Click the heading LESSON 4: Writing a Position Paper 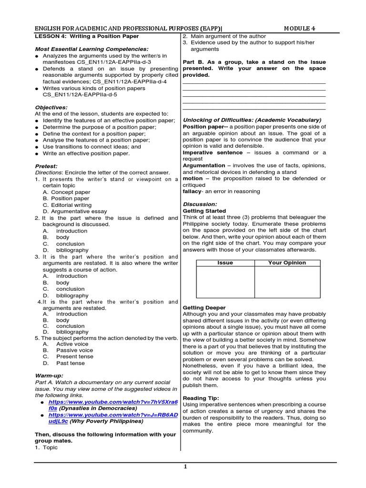pyautogui.click(x=87, y=36)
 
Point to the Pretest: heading pyautogui.click(x=46, y=166)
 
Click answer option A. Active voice pyautogui.click(x=65, y=344)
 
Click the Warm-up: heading pyautogui.click(x=49, y=376)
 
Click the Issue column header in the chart pyautogui.click(x=225, y=263)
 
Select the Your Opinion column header pyautogui.click(x=287, y=263)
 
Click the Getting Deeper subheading pyautogui.click(x=204, y=308)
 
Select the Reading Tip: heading pyautogui.click(x=201, y=398)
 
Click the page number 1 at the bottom pyautogui.click(x=185, y=467)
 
